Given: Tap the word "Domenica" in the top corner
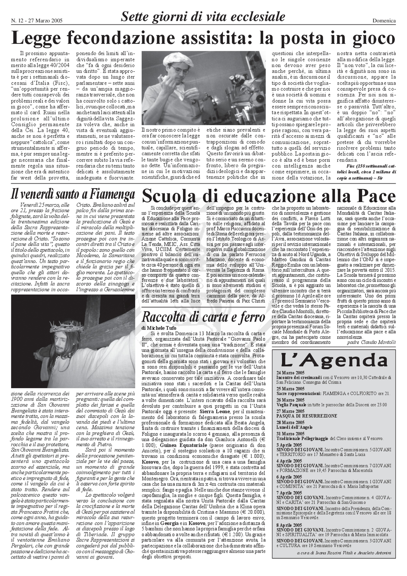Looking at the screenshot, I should [x=384, y=21].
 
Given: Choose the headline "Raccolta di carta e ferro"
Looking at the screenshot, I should [x=203, y=317].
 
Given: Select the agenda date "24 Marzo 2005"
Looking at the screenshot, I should [x=290, y=373].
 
